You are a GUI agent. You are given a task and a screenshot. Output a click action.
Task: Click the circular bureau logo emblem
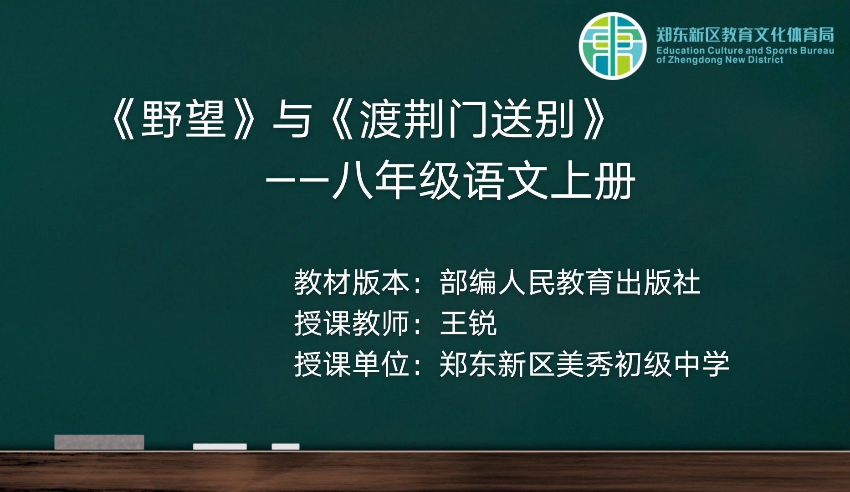click(x=613, y=46)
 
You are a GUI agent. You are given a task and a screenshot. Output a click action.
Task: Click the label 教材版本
click(x=352, y=282)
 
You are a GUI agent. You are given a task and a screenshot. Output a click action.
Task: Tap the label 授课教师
click(x=352, y=323)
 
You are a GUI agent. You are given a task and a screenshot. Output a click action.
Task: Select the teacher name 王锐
click(x=468, y=323)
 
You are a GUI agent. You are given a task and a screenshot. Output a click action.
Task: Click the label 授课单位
click(x=352, y=364)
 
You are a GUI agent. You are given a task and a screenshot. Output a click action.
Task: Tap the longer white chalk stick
click(x=220, y=446)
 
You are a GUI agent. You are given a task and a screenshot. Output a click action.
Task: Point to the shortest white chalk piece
click(x=286, y=446)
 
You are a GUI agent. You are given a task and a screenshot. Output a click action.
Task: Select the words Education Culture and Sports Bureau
click(x=745, y=51)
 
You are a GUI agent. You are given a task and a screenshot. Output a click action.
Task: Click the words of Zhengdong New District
click(x=720, y=60)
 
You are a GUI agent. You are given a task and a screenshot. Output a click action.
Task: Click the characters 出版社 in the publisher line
click(x=658, y=282)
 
